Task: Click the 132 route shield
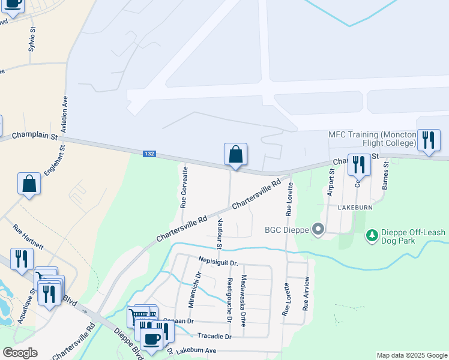[150, 154]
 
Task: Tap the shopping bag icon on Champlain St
[236, 155]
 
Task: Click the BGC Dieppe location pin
[319, 229]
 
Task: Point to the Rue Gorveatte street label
[184, 187]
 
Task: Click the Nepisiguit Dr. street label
[218, 262]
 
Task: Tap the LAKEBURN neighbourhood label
[356, 207]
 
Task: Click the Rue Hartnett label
[28, 236]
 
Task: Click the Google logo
[20, 353]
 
